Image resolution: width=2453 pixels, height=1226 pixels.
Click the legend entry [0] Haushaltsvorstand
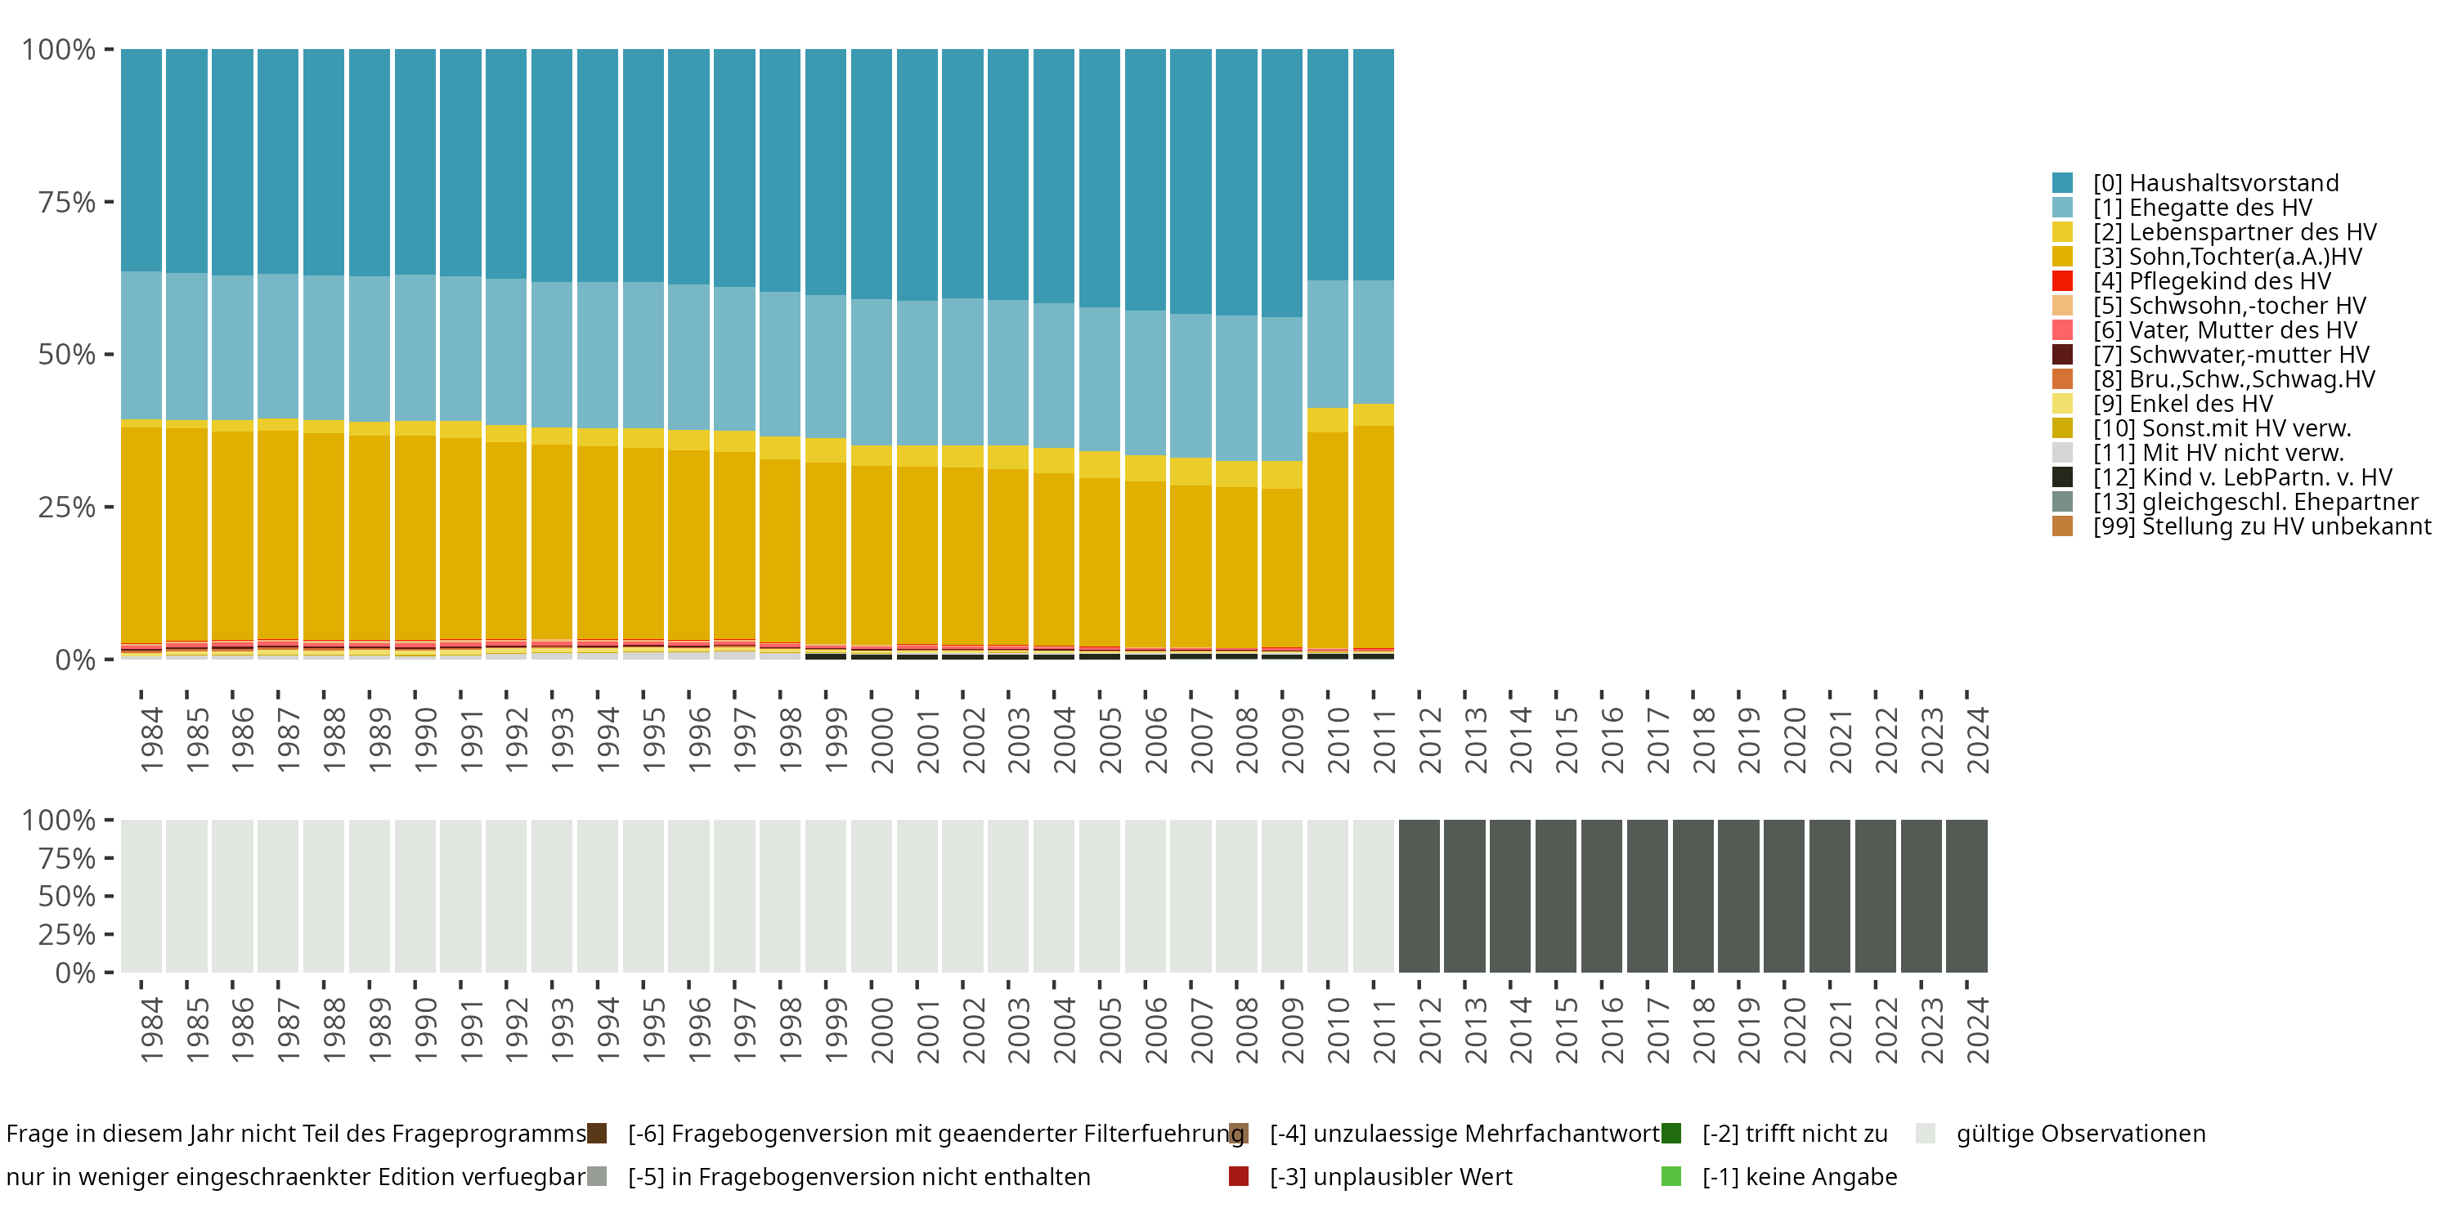coord(2215,183)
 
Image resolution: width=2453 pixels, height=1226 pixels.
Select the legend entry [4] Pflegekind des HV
coord(2211,281)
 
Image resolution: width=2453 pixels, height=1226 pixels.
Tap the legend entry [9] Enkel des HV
coord(2182,404)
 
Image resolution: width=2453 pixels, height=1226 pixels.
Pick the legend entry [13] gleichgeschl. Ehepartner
coord(2255,502)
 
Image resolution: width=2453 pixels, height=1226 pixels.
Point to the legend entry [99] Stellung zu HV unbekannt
coord(2262,526)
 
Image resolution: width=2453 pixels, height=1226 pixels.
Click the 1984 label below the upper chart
coord(151,740)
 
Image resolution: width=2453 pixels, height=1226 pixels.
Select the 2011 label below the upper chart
coord(1383,740)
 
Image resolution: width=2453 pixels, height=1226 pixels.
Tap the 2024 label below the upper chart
coord(1978,740)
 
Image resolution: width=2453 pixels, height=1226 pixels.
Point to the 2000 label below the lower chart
coord(881,1030)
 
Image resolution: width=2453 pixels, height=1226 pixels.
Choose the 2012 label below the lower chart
coord(1429,1030)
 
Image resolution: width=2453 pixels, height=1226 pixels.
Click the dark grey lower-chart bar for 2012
coord(1419,896)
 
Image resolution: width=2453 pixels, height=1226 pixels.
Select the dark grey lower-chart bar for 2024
coord(1966,896)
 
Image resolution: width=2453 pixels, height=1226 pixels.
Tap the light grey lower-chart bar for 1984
coord(141,896)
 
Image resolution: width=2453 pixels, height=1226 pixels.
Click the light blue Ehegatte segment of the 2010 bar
coord(1327,343)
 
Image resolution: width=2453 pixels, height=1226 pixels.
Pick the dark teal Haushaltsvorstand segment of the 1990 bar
coord(415,162)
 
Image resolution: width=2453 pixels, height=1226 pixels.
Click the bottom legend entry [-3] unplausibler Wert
coord(1390,1176)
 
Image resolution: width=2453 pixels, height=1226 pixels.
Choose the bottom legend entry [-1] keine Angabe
coord(1799,1176)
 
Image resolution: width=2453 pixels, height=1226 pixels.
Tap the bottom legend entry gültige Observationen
coord(2079,1134)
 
